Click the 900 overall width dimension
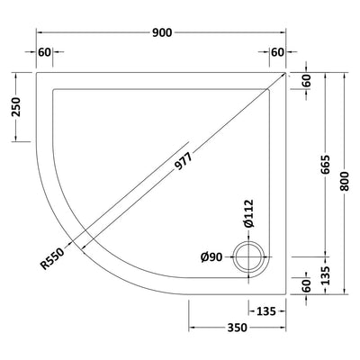click(162, 31)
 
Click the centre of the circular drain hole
click(247, 258)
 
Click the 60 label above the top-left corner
click(45, 52)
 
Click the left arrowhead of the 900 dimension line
click(38, 31)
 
